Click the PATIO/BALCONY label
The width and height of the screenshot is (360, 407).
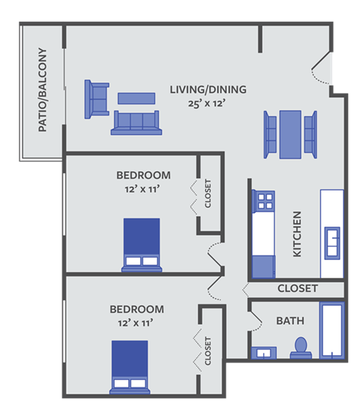(42, 90)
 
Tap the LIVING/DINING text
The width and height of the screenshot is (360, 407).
(207, 90)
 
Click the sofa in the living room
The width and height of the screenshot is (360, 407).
(136, 123)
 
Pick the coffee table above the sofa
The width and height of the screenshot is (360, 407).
(136, 98)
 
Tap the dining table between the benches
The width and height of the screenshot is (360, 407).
(289, 134)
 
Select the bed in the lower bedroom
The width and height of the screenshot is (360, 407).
(130, 367)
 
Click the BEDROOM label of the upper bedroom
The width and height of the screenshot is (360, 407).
(143, 175)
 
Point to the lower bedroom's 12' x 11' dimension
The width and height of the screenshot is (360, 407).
(136, 322)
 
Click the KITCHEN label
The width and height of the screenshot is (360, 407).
(297, 234)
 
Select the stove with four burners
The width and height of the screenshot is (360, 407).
(263, 201)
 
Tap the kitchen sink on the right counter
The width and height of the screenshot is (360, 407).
(331, 241)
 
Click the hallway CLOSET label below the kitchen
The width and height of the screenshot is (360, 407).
(298, 289)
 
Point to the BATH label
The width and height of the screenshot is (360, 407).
(290, 321)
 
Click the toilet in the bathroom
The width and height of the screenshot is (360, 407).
(301, 346)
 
